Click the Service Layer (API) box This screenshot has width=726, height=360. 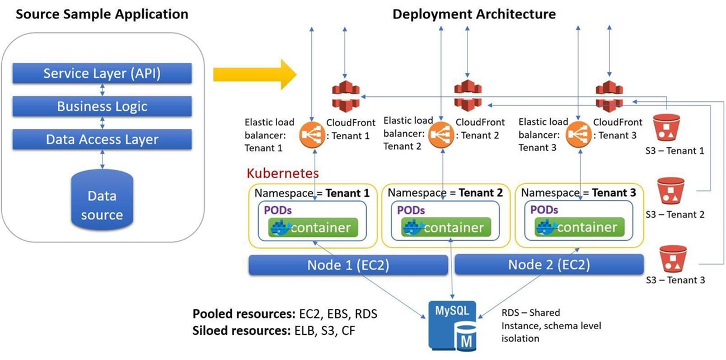coord(102,73)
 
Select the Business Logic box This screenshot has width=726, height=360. coord(102,106)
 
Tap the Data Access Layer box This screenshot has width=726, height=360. coord(102,139)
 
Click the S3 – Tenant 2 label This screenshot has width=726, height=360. coord(675,214)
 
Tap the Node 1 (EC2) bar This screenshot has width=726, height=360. coord(348,264)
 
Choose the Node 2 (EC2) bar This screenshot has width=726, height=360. coord(549,264)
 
